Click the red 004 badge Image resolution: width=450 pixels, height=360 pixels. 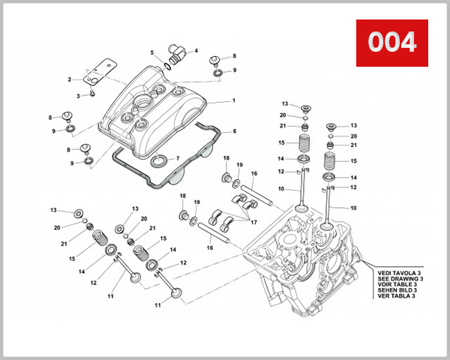(391, 41)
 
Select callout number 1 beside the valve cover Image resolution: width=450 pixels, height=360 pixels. (233, 100)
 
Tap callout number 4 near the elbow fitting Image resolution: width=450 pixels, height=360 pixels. (196, 51)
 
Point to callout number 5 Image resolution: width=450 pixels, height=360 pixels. (151, 53)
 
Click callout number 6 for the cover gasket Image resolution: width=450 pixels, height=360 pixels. (234, 131)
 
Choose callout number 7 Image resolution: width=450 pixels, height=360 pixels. (177, 158)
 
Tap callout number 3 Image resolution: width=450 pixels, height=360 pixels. (79, 96)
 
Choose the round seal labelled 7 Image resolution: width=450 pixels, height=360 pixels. (160, 160)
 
